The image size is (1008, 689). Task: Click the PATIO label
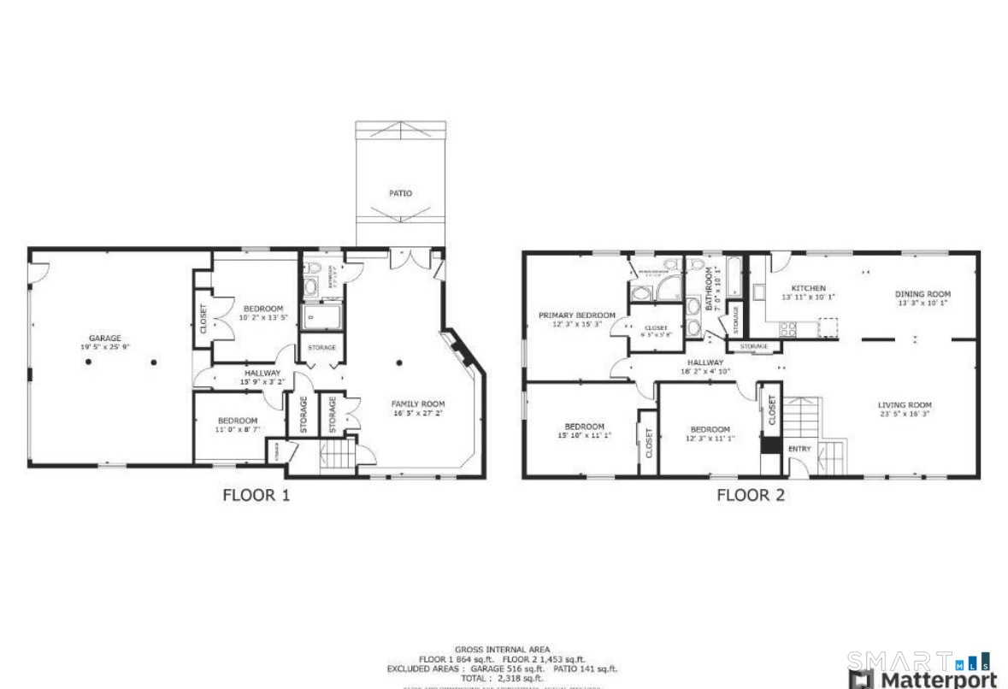[x=400, y=193]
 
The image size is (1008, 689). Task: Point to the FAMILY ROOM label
[x=418, y=403]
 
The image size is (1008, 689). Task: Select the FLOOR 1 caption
[x=256, y=494]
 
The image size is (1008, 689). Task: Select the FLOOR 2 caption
[x=750, y=494]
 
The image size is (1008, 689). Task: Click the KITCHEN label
[x=808, y=288]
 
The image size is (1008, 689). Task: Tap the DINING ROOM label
[x=923, y=294]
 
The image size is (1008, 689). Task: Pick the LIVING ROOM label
[x=905, y=405]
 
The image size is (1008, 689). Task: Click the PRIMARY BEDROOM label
[x=577, y=315]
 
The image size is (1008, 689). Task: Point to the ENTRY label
[x=799, y=449]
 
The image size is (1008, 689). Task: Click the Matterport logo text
[x=938, y=680]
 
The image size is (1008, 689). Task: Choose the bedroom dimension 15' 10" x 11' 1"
[x=584, y=435]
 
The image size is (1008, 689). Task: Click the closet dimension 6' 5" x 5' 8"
[x=656, y=335]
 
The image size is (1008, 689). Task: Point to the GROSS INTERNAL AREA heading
[x=502, y=649]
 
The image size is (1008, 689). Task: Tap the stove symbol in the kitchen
[x=787, y=327]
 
